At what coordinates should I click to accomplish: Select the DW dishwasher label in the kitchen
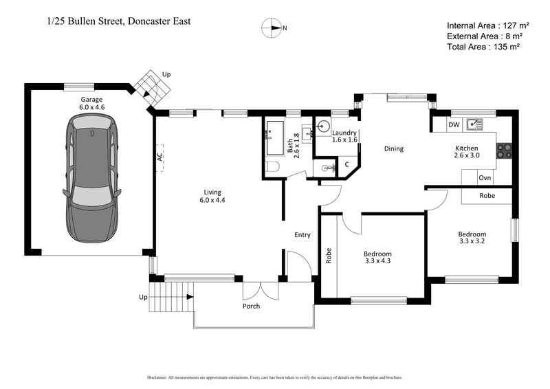(x=453, y=125)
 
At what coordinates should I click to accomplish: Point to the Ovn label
(x=485, y=178)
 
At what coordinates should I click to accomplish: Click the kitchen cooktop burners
(x=505, y=151)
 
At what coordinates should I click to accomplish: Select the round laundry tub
(x=324, y=126)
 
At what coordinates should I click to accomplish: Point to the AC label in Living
(x=159, y=157)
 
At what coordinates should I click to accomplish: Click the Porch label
(x=252, y=306)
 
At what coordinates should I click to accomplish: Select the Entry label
(x=302, y=235)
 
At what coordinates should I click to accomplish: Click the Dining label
(x=393, y=148)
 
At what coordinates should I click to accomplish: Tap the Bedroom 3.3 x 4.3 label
(x=377, y=258)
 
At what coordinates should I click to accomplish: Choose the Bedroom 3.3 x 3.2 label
(x=472, y=237)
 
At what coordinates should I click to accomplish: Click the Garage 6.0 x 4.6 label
(x=92, y=104)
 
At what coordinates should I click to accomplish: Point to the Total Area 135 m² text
(x=483, y=47)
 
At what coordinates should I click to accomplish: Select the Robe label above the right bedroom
(x=487, y=196)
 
